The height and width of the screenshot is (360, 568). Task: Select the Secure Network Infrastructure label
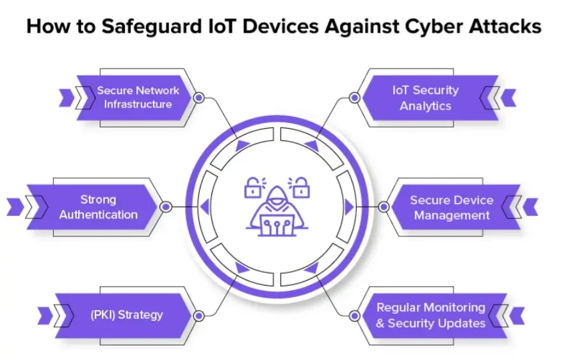click(x=138, y=97)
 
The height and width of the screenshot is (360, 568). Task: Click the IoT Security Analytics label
click(x=426, y=98)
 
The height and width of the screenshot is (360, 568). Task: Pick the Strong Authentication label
click(x=98, y=207)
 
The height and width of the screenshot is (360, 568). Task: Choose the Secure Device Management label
click(x=451, y=208)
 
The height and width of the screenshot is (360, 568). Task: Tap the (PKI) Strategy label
click(x=126, y=315)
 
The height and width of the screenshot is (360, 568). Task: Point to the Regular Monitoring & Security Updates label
click(x=431, y=315)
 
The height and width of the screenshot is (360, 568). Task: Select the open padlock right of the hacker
click(x=299, y=187)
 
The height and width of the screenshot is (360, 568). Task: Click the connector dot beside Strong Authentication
click(x=166, y=207)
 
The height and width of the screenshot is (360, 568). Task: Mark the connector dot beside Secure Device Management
click(x=384, y=207)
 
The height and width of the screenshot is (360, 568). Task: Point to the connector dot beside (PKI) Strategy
click(x=199, y=316)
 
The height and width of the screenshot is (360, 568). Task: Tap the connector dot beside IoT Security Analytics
click(x=355, y=97)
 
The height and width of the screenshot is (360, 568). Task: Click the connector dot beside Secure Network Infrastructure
click(x=199, y=97)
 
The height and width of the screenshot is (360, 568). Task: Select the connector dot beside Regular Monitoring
click(x=355, y=316)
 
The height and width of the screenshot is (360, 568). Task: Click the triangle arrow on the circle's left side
click(x=206, y=207)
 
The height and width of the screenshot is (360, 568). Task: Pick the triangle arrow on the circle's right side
click(x=349, y=207)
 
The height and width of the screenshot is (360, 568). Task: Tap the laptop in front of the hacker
click(x=277, y=225)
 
